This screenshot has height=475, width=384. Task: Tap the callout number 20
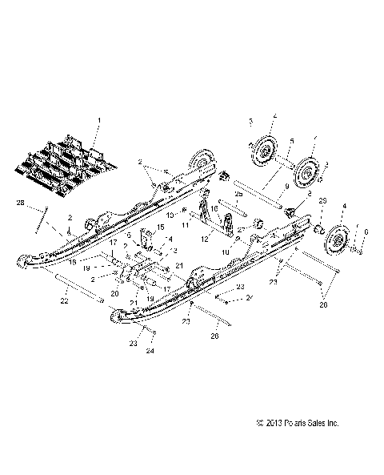(x=115, y=293)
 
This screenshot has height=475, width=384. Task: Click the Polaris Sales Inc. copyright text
(x=297, y=445)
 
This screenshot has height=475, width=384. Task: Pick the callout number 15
(x=158, y=227)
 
